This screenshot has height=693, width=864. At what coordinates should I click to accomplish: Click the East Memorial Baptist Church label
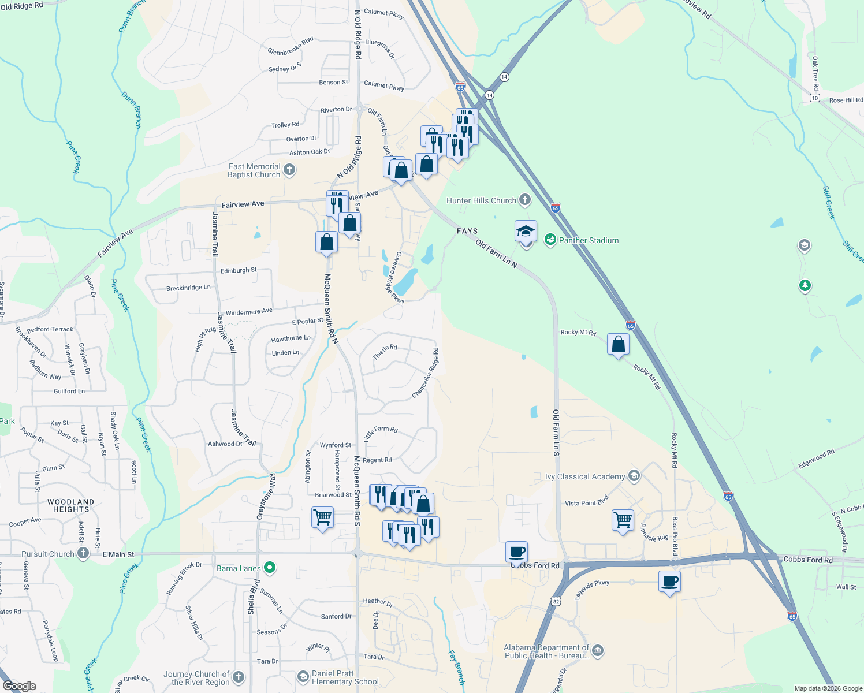(254, 170)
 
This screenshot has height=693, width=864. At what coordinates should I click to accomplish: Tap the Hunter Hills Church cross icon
(524, 200)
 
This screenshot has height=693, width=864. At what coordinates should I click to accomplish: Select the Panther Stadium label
(589, 240)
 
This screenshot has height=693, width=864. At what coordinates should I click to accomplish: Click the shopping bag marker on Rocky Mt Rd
(618, 345)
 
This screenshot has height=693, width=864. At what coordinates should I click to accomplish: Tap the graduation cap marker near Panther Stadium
(526, 232)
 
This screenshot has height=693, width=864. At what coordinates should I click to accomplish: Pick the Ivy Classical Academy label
(585, 476)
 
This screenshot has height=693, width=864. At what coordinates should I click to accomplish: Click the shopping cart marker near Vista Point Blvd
(623, 520)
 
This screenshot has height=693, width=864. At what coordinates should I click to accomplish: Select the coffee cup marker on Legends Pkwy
(669, 582)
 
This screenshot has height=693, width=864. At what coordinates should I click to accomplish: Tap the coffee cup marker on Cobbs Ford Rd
(516, 552)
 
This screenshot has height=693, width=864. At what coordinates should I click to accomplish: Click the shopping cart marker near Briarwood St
(322, 517)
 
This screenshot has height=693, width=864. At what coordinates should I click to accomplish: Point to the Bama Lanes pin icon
(269, 568)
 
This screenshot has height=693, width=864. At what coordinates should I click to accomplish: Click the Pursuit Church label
(48, 554)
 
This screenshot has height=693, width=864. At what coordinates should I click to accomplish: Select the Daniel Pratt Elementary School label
(345, 677)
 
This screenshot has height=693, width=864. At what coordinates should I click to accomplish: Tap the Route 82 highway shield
(556, 601)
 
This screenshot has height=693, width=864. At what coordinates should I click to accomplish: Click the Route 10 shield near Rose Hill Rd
(814, 98)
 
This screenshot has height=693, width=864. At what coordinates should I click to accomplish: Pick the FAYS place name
(467, 231)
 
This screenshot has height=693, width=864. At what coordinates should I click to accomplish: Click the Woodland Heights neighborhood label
(71, 506)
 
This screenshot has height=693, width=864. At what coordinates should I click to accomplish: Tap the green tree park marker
(805, 285)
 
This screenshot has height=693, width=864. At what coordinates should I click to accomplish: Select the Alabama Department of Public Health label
(546, 651)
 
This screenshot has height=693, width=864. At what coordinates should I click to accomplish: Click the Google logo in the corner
(20, 686)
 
